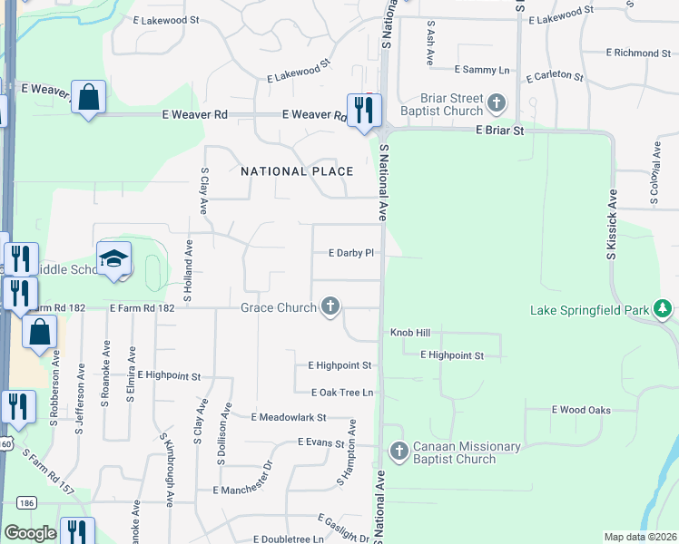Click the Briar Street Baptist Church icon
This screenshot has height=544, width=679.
[x=496, y=104]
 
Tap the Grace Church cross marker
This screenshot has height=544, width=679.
[x=331, y=307]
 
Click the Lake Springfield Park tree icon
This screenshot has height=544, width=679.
[x=664, y=311]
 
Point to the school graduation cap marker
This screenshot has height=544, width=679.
[x=114, y=260]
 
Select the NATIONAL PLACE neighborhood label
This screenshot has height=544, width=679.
[x=296, y=171]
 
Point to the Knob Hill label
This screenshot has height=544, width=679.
[x=409, y=333]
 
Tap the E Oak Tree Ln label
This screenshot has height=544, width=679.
[x=342, y=393]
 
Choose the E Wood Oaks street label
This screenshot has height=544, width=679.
[x=581, y=410]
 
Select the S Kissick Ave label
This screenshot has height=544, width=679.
[x=612, y=225]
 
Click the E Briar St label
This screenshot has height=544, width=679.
[x=501, y=131]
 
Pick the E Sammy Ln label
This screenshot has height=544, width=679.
[x=482, y=70]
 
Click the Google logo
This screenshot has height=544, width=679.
[x=30, y=533]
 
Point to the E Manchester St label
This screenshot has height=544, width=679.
[x=242, y=490]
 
